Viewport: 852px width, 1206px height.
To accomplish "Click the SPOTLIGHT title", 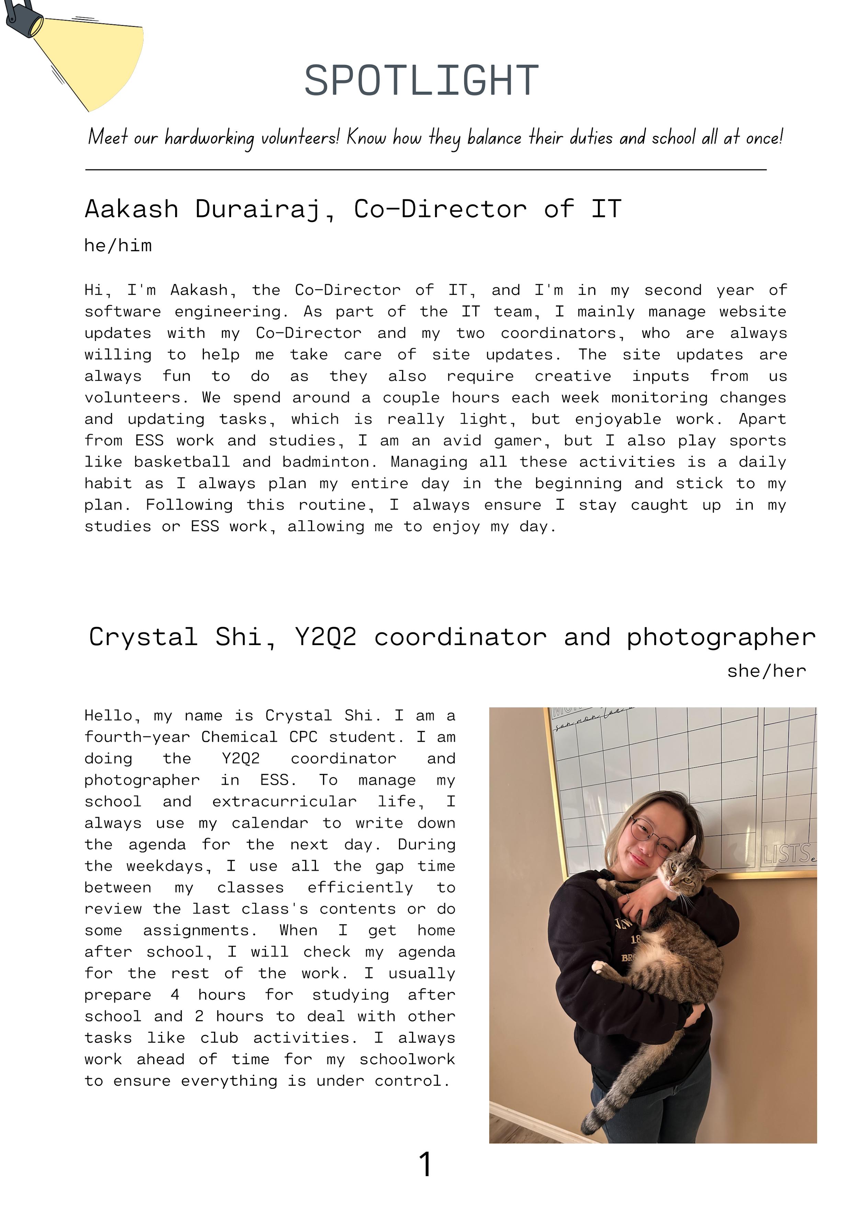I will click(x=422, y=80).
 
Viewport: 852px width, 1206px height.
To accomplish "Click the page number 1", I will click(x=425, y=1164).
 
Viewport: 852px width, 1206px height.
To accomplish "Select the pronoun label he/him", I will click(x=118, y=245).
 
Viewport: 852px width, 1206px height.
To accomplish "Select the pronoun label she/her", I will click(x=766, y=671).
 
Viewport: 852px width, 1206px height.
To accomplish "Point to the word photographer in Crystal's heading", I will click(x=721, y=637).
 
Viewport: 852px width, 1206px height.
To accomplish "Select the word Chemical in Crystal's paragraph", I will click(x=239, y=737).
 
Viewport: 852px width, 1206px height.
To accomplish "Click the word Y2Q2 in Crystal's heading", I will click(x=326, y=637).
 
